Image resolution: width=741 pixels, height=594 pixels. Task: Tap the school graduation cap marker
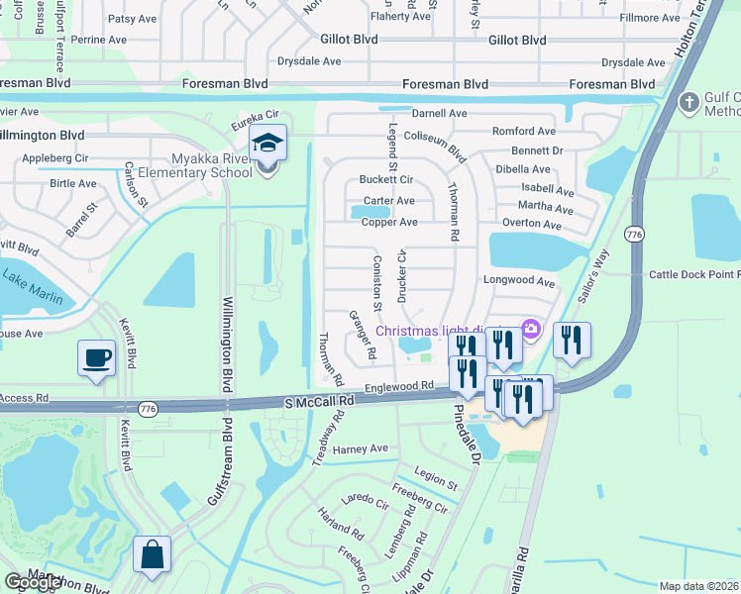[267, 145]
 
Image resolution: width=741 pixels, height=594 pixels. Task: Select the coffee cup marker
[96, 358]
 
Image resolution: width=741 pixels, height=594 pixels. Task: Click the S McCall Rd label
[319, 403]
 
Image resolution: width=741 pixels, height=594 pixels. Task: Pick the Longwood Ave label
[518, 281]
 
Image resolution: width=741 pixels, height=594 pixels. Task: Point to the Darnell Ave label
[439, 113]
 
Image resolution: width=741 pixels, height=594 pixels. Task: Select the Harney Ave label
[361, 448]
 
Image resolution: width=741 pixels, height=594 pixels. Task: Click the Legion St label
[437, 477]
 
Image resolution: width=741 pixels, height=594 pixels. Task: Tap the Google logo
[33, 582]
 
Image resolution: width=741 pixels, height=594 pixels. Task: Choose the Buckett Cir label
[386, 180]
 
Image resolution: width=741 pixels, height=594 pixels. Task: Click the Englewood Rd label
[400, 386]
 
